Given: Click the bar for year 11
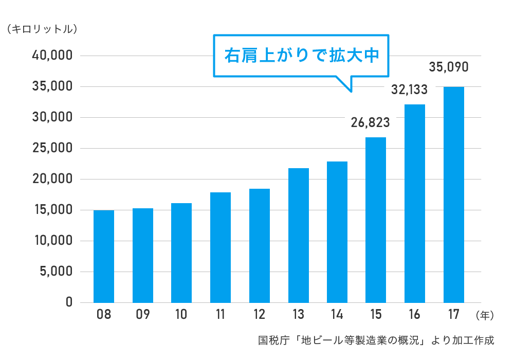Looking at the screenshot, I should [x=221, y=247].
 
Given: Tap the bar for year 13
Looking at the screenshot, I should [x=299, y=235].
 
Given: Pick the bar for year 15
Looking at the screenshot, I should [x=376, y=220].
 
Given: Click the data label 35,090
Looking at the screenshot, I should [x=448, y=67].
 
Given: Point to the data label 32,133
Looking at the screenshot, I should [x=409, y=90].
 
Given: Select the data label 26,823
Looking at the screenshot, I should [x=370, y=122].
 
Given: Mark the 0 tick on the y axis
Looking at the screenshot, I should [x=69, y=302].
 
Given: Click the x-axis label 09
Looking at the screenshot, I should [x=142, y=315].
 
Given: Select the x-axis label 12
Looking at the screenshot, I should [x=259, y=315].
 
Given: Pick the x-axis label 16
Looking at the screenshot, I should [x=415, y=315].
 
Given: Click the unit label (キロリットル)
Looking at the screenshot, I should [x=42, y=29].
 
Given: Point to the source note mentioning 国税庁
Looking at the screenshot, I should [x=376, y=340].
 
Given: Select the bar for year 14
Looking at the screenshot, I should [x=337, y=232].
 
